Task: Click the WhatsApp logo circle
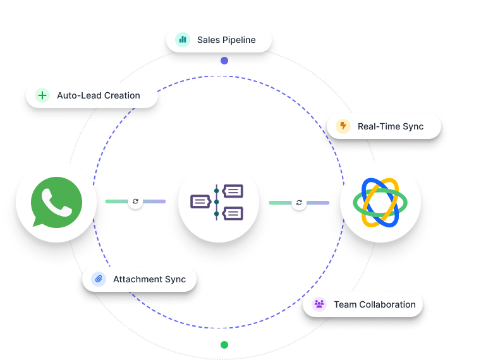[56, 202]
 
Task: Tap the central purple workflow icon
[218, 202]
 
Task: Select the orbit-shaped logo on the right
[380, 202]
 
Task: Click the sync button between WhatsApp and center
[135, 202]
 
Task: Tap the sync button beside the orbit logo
[299, 203]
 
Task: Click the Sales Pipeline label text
[226, 40]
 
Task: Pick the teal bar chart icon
[183, 40]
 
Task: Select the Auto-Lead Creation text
[98, 95]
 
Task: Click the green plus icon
[42, 95]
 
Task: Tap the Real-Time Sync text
[390, 126]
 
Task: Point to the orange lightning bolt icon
[343, 126]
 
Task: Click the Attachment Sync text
[149, 279]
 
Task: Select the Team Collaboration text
[374, 304]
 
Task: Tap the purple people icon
[319, 304]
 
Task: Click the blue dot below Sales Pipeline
[224, 61]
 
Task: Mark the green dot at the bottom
[224, 345]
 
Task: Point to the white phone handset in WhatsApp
[56, 201]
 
